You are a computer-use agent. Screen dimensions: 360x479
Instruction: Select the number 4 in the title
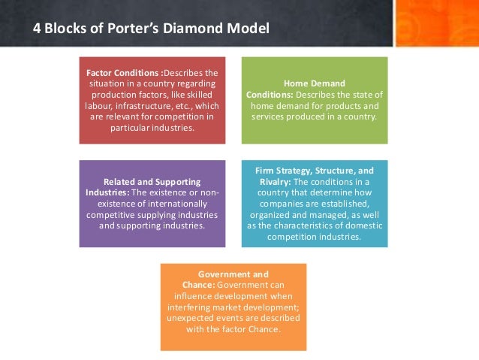(x=37, y=29)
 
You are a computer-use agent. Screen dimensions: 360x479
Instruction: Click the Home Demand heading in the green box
(x=314, y=84)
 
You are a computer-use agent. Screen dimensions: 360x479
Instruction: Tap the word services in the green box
(x=271, y=116)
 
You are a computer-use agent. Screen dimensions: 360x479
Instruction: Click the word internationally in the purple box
(x=167, y=203)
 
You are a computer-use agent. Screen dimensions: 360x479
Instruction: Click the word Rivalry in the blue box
(x=271, y=181)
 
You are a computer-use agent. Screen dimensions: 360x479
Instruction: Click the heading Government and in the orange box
(x=233, y=274)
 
